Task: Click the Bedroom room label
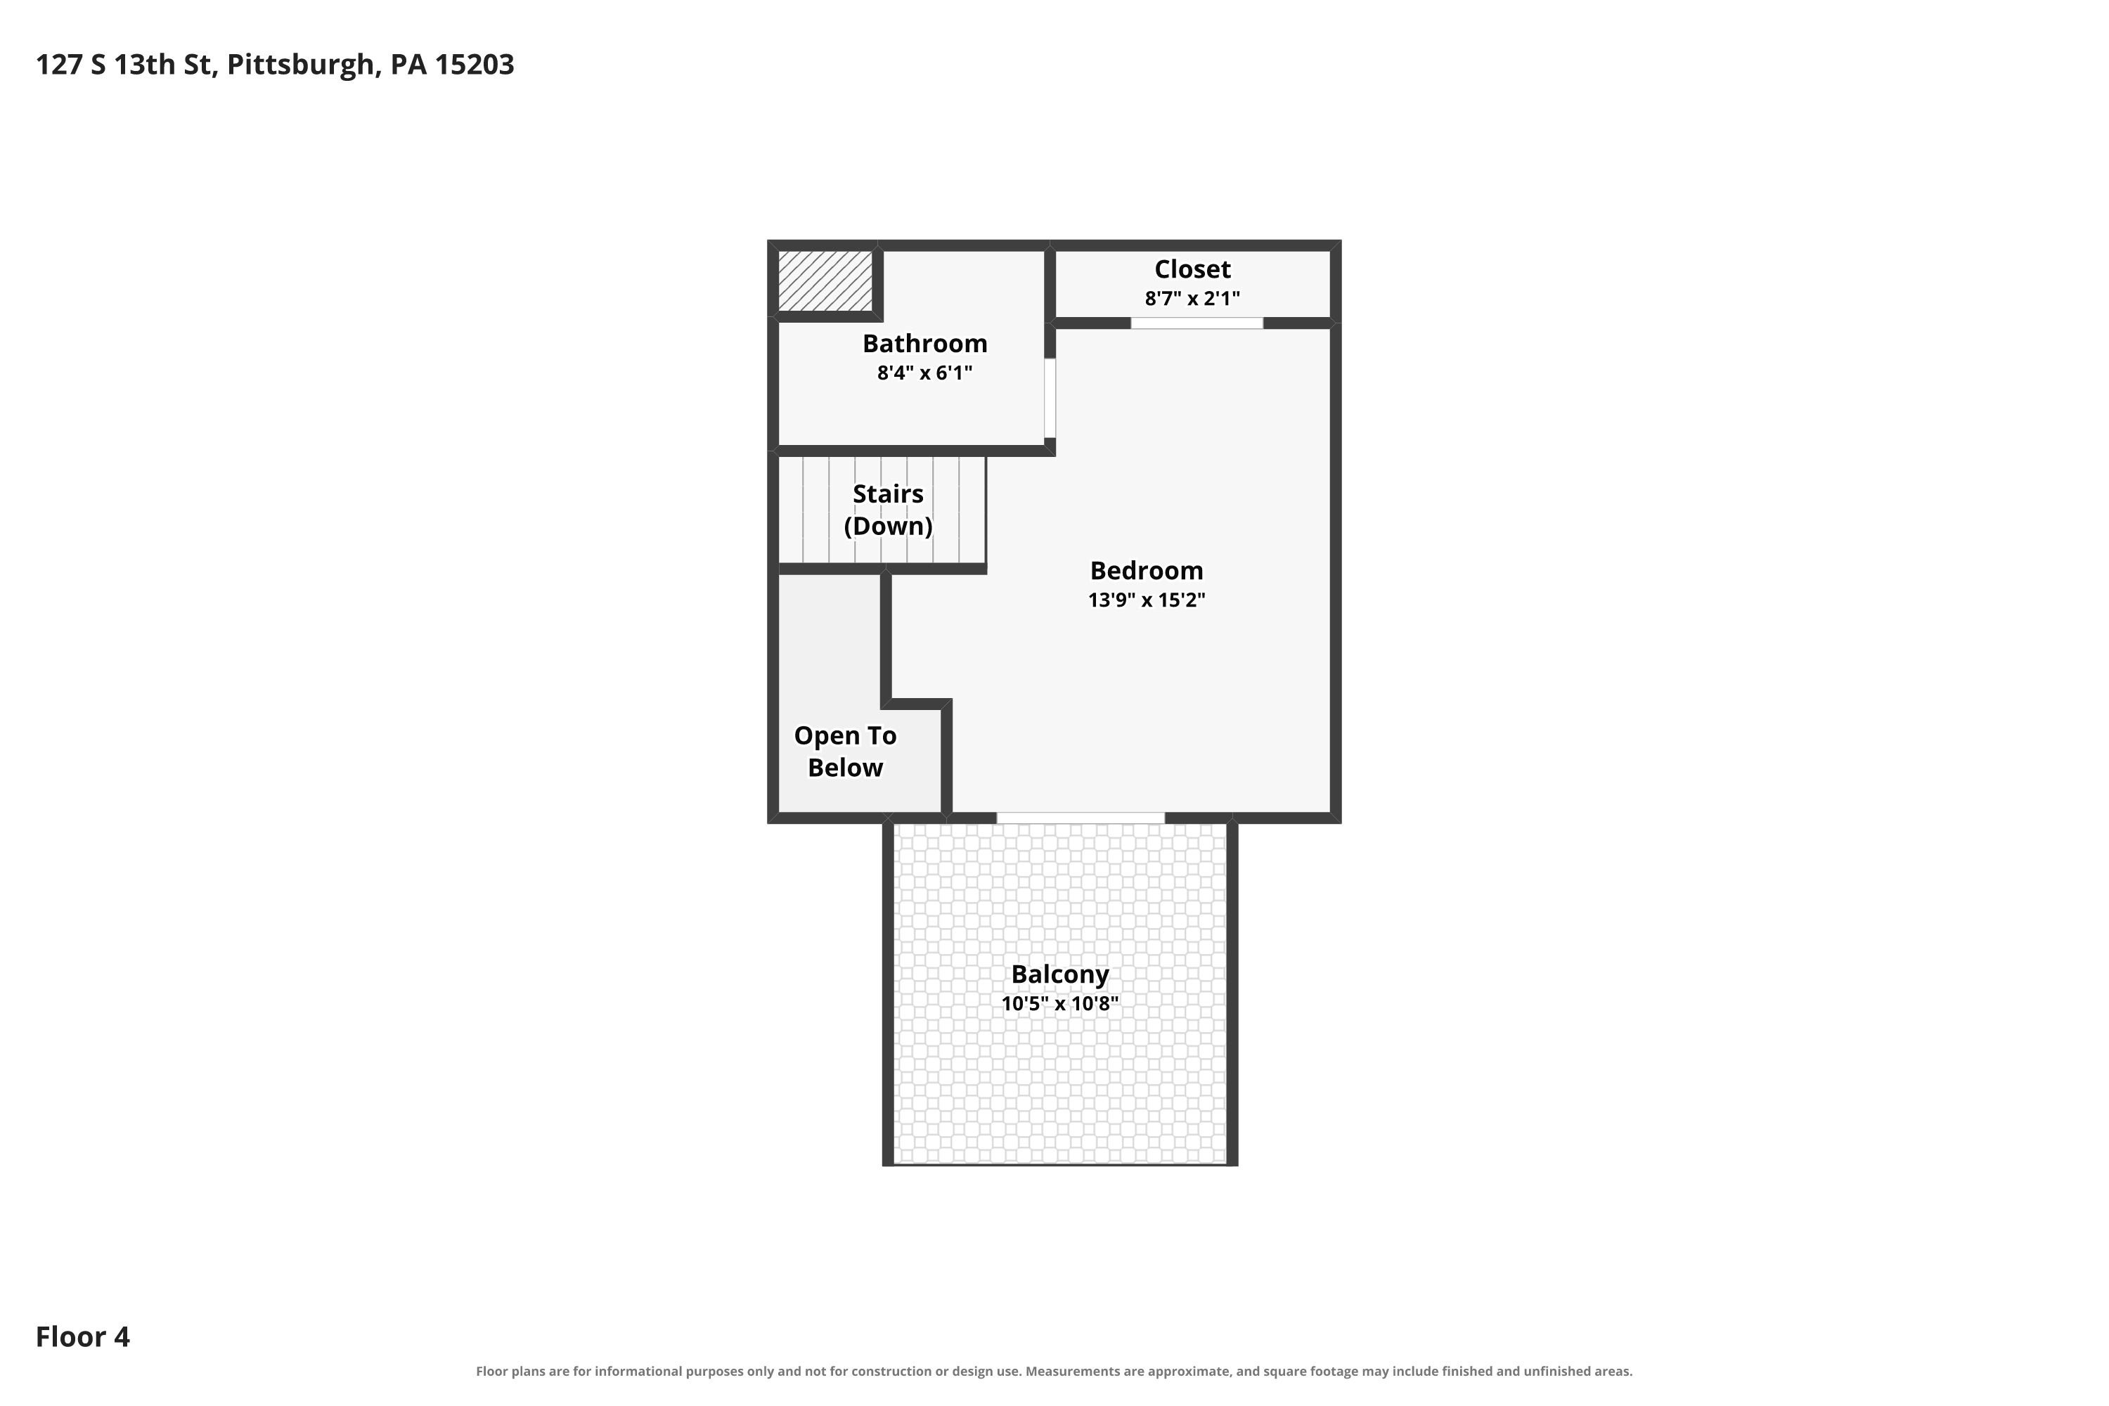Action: (1146, 570)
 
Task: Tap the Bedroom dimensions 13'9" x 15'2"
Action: (1146, 600)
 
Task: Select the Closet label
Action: (1192, 269)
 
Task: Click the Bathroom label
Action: (924, 344)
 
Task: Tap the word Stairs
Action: (888, 494)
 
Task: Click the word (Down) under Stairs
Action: (888, 527)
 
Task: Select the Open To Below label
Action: (845, 752)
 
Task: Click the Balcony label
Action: (1060, 974)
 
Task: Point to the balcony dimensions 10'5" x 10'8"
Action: (1060, 1003)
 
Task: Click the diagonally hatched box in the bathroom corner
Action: (825, 280)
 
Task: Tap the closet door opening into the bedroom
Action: (1197, 323)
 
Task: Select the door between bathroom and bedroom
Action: (1050, 398)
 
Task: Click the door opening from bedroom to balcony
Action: (1081, 818)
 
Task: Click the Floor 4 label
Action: (82, 1337)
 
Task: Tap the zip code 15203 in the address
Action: (475, 65)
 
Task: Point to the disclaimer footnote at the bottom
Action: (1054, 1371)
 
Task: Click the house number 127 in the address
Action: (59, 65)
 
